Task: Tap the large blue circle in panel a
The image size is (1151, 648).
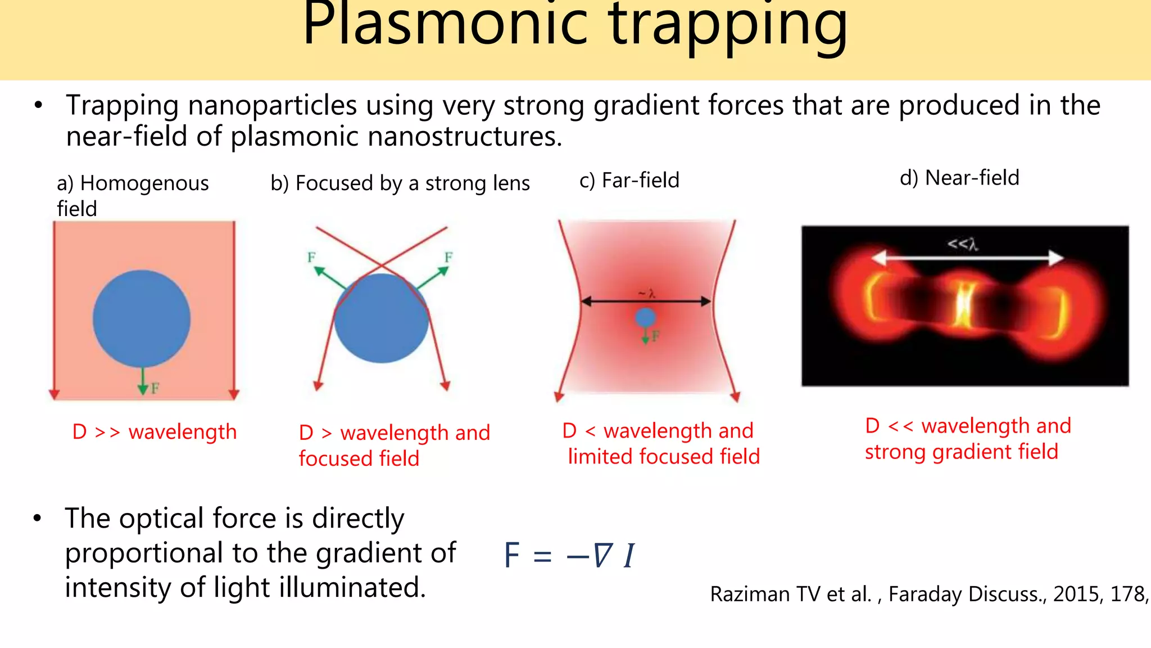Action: pos(142,319)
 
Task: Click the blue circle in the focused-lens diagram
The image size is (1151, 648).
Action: pos(382,319)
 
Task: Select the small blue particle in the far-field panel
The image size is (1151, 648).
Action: pos(645,318)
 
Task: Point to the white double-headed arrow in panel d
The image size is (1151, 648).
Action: pos(967,258)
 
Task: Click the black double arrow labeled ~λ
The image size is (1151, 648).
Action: pos(646,302)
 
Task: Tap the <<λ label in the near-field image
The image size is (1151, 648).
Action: pos(963,244)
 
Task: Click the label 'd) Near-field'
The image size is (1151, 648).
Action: pos(959,178)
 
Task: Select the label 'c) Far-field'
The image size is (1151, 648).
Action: pos(629,181)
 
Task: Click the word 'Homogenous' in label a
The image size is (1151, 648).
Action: pos(144,183)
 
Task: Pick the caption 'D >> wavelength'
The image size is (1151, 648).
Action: pos(155,432)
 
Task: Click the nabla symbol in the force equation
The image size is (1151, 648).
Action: pos(602,556)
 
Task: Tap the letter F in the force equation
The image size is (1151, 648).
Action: pos(512,556)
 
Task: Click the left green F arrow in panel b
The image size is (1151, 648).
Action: pos(328,277)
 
